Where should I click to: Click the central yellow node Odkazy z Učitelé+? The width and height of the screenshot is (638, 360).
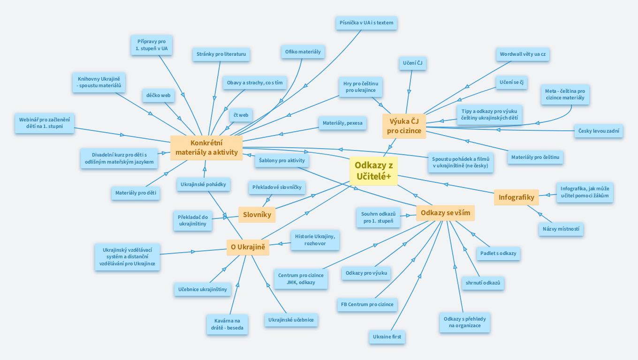coord(373,171)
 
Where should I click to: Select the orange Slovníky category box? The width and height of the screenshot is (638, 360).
coord(257,215)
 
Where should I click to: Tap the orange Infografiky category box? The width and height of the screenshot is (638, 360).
coord(516,197)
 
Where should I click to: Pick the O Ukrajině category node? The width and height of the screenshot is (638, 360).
coord(248,247)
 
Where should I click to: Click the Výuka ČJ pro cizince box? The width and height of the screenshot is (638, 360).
coord(404,126)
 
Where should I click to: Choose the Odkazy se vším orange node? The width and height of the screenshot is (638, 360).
coord(445,213)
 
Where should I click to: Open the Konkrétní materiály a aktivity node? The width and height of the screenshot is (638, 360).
coord(206,148)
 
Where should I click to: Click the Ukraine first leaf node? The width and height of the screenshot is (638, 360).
coord(387,337)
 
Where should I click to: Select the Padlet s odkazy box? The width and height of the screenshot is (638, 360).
coord(498,253)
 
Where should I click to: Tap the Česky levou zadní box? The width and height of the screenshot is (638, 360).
coord(599,131)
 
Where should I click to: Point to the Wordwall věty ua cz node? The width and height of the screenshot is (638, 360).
coord(523,54)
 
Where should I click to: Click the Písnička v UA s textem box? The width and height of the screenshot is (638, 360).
coord(366,22)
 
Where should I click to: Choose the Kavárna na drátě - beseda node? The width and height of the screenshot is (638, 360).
coord(227,324)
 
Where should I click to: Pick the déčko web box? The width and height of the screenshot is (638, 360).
coord(158,95)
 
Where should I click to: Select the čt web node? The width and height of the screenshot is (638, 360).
coord(241,115)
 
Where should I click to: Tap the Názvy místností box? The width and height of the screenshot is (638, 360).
coord(561,229)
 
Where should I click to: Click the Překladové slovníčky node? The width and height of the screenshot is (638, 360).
coord(277,187)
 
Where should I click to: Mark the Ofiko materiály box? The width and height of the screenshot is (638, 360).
coord(303,52)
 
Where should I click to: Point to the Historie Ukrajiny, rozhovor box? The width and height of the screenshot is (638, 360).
coord(315,240)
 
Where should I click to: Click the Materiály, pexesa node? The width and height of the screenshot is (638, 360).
coord(342,123)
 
